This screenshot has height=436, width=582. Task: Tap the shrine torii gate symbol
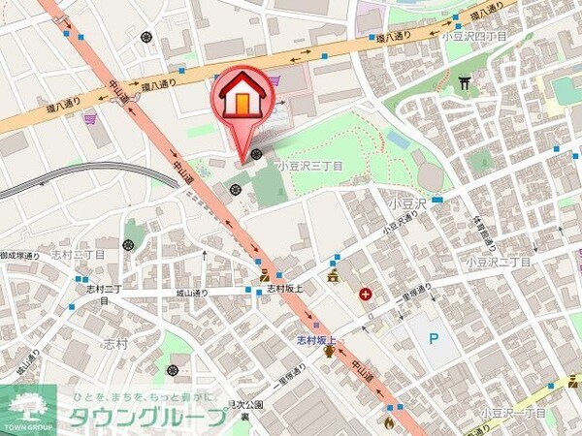(465, 83)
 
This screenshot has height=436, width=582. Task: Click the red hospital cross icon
(366, 294)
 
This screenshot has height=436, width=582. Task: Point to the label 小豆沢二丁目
(498, 262)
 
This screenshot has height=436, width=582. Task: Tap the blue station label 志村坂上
(315, 340)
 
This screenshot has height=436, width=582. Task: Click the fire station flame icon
(389, 422)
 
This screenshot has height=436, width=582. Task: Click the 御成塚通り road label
(19, 256)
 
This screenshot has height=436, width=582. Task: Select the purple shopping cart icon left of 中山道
(89, 118)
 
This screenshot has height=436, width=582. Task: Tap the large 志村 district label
(115, 343)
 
